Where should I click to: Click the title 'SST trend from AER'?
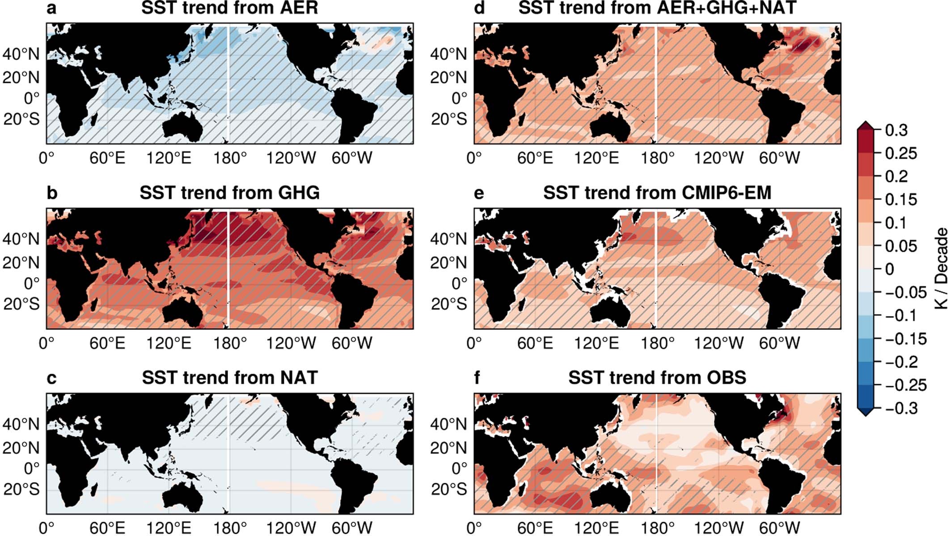(229, 8)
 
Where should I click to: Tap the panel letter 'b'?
(52, 193)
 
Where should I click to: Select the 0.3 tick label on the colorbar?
(896, 130)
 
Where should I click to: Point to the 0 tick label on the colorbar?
(890, 269)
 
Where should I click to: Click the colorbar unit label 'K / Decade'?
(941, 268)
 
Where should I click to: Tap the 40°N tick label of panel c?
(21, 424)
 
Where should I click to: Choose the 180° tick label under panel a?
(230, 158)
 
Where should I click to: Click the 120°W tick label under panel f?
(718, 528)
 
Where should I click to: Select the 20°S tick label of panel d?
(449, 119)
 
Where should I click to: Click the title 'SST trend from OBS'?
(657, 378)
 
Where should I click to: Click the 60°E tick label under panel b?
(107, 343)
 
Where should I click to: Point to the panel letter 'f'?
(477, 378)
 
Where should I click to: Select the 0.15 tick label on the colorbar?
(901, 199)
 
